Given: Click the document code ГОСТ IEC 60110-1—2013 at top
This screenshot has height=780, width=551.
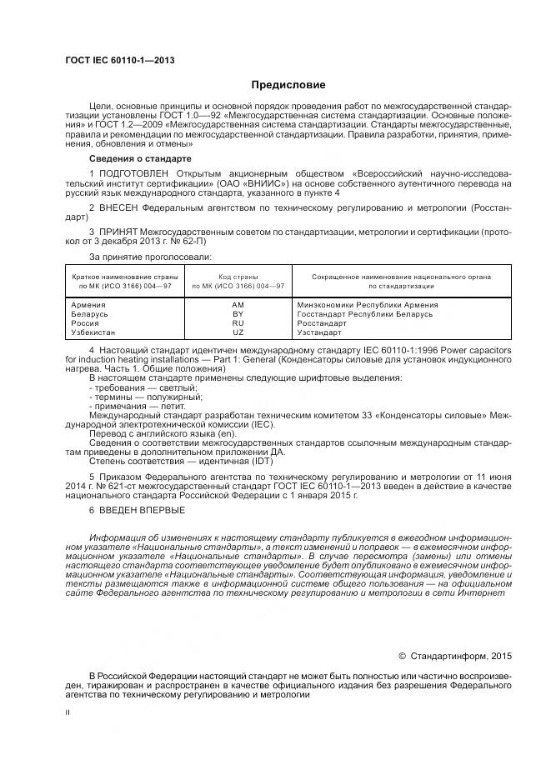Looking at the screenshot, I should coord(119,61).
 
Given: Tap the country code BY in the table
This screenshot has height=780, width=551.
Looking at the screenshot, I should coord(238,314).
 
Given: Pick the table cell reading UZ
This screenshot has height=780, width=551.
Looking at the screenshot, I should coord(238,332).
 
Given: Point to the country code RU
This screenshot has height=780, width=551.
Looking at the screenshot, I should coord(238,322).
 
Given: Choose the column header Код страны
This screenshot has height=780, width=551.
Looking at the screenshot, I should coord(238,276).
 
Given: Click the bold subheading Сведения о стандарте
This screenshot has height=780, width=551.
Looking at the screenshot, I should coord(140,157).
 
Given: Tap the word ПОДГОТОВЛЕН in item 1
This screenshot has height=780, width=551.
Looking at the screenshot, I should coord(131,172).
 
